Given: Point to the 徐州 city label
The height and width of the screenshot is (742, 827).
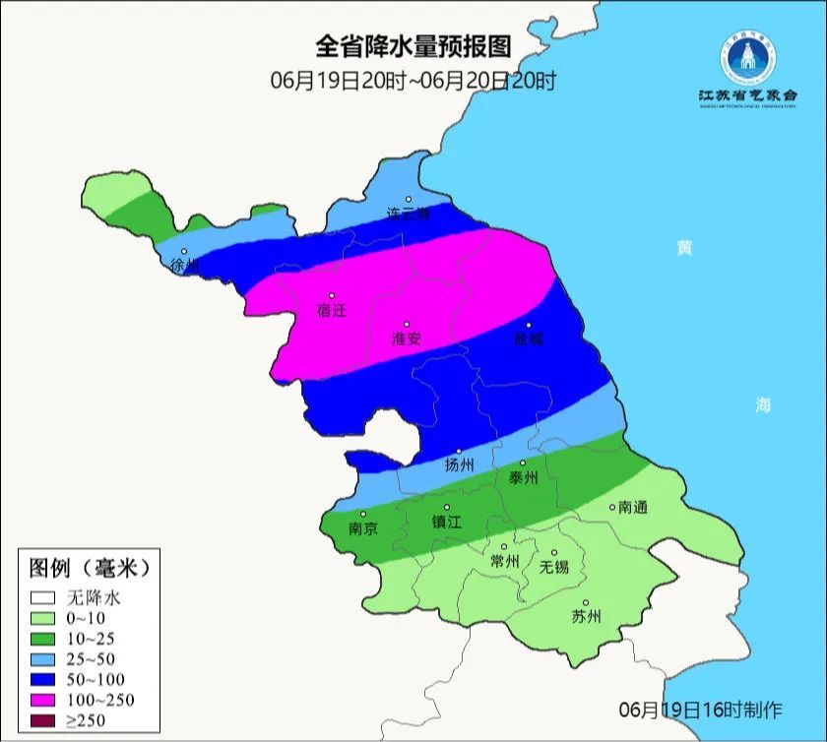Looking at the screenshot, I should pos(184,266).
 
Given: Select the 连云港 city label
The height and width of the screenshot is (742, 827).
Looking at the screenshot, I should pos(409,214).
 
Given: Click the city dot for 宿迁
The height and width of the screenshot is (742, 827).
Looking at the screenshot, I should pos(332,295).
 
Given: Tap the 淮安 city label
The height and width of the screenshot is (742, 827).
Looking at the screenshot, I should pos(407,339).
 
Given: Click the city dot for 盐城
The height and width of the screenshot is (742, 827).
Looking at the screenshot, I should pos(529,325).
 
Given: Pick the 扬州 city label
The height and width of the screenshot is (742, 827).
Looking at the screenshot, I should pos(460,465).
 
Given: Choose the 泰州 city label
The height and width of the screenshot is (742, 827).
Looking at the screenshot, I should pos(523,477).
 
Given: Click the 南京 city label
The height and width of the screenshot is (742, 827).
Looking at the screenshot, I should pos(363,528).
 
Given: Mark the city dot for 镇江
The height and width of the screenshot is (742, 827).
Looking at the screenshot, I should pos(446,509).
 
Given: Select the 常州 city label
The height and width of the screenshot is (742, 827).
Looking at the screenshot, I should pos(504,561).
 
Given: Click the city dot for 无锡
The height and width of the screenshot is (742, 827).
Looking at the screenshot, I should pos(553,552).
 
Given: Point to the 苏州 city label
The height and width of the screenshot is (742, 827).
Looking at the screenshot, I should pos(586,617).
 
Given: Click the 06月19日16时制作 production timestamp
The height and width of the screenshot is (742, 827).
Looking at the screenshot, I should pos(700,710).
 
